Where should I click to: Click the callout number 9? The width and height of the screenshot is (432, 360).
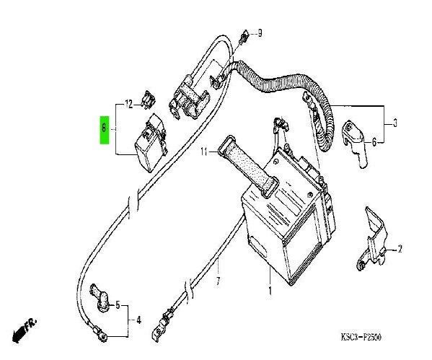click(x=260, y=33)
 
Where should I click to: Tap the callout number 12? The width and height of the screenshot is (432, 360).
click(x=129, y=105)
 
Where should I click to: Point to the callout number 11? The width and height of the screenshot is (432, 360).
click(x=204, y=152)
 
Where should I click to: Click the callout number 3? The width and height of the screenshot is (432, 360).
click(x=395, y=123)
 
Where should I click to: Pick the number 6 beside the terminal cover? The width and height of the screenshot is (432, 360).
click(x=374, y=142)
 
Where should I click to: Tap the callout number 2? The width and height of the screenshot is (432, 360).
click(x=400, y=249)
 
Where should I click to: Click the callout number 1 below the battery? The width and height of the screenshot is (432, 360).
click(x=270, y=291)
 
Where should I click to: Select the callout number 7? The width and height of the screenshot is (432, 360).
click(x=218, y=281)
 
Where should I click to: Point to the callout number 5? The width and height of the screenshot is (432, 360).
click(x=118, y=305)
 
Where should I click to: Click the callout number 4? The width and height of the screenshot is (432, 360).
click(x=138, y=320)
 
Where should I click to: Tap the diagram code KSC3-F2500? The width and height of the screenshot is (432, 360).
click(x=361, y=337)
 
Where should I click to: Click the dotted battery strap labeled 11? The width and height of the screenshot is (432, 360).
click(x=248, y=167)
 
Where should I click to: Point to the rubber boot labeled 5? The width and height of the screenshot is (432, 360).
click(x=100, y=299)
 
